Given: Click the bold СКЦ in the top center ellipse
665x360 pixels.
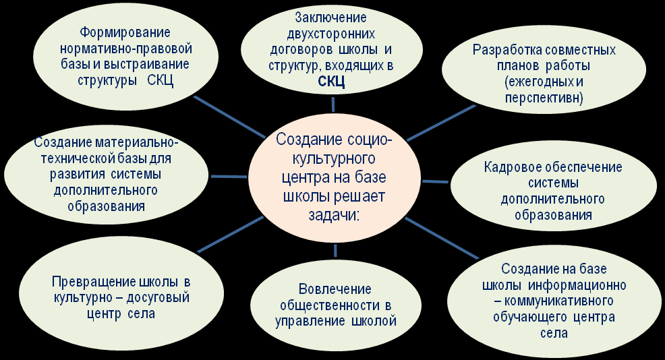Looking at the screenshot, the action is [x=332, y=82].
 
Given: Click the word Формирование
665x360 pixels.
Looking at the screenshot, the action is [x=125, y=32].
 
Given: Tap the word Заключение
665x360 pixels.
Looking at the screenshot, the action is [x=330, y=18].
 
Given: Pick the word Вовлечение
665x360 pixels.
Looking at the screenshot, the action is [x=335, y=289].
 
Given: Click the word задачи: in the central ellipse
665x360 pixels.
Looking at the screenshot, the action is [x=334, y=215].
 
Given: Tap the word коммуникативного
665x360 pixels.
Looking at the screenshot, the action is [x=559, y=301].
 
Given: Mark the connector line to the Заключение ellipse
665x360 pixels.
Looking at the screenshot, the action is [x=333, y=104].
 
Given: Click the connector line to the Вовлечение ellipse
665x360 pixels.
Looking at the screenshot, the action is [x=335, y=250].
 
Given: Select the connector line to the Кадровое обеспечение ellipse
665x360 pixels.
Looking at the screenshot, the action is [x=435, y=181].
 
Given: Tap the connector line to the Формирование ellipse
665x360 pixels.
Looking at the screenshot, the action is [x=229, y=117].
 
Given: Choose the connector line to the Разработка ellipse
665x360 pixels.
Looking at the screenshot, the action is [x=441, y=123].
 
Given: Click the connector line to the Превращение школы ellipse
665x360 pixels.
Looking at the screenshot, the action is [x=231, y=234].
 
